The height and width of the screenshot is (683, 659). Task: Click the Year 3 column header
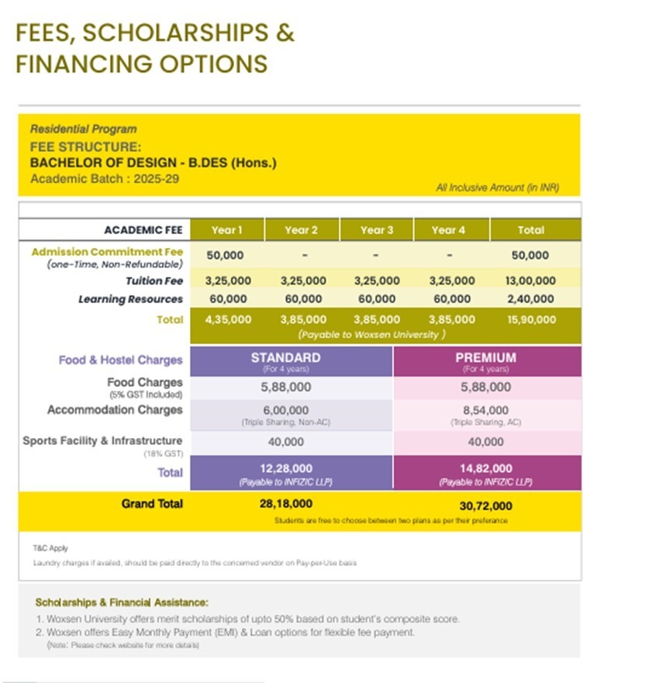coord(377,229)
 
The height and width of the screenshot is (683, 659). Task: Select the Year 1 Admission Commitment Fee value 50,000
coord(225,255)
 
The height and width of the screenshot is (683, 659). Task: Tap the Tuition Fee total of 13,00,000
coord(530,281)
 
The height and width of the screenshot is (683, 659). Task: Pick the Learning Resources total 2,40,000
coord(530,298)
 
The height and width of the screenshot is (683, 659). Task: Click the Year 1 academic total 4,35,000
coord(228,319)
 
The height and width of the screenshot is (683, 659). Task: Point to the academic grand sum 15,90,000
coord(530,319)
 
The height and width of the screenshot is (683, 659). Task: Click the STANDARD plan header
coord(285,358)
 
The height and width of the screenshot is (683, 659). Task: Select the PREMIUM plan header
coord(486,358)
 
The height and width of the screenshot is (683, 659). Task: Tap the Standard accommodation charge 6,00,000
coord(285,410)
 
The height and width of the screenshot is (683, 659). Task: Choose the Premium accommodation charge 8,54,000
coord(486,410)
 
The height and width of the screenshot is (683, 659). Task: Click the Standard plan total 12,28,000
coord(286,468)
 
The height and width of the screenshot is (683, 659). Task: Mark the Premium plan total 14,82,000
coord(486,468)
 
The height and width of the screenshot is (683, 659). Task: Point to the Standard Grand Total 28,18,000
coord(286,504)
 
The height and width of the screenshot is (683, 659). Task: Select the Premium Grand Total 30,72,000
coord(486,505)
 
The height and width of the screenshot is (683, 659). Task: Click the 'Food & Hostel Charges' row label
coord(120,360)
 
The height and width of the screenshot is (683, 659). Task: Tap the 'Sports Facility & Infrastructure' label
coord(102,441)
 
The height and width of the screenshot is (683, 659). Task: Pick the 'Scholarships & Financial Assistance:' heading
coord(122,602)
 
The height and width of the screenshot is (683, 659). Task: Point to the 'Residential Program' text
coord(83,129)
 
